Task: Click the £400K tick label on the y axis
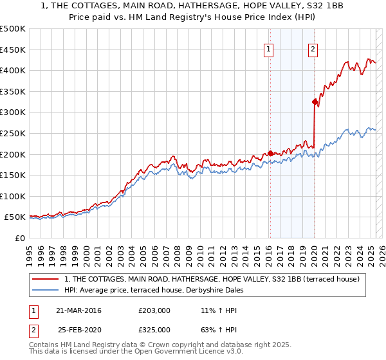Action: [13, 70]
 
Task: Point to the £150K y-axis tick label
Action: [13, 175]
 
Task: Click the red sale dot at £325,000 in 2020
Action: [315, 102]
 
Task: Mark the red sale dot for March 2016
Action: [270, 153]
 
